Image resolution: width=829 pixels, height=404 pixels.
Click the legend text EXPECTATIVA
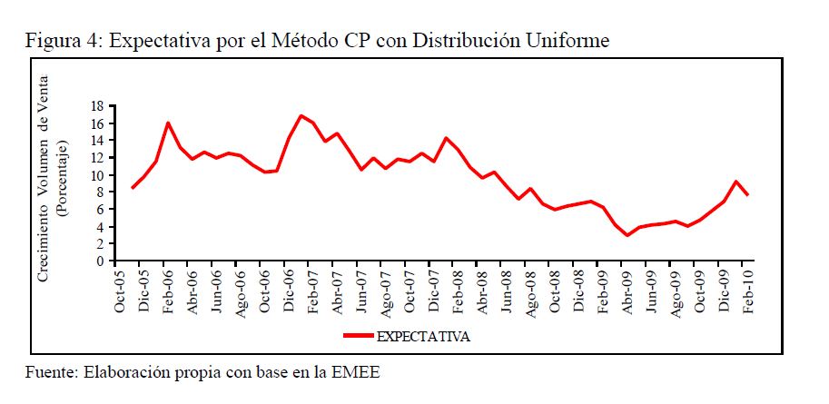(423, 336)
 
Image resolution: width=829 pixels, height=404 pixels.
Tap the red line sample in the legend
(359, 336)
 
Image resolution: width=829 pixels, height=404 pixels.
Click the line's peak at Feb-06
(169, 123)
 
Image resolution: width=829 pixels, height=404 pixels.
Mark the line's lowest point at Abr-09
(627, 235)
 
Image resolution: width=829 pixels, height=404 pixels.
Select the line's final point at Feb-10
(746, 195)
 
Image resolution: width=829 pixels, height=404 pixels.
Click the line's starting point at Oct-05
(133, 188)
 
